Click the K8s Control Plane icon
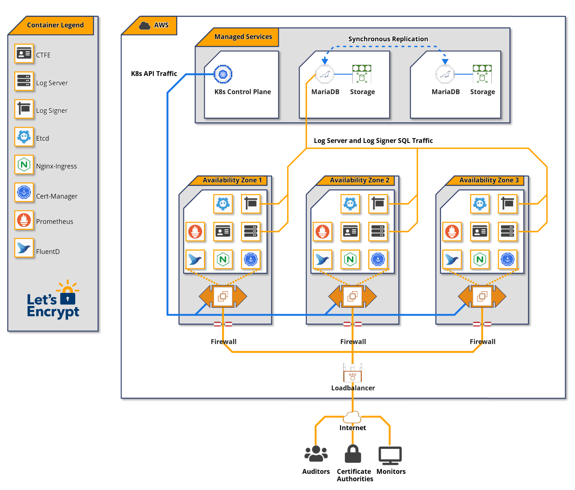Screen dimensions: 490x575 pyautogui.click(x=223, y=74)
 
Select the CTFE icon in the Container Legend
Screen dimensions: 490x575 pyautogui.click(x=24, y=53)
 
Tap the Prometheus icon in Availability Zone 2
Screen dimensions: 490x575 pyautogui.click(x=322, y=231)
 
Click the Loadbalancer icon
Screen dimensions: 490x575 pyautogui.click(x=352, y=374)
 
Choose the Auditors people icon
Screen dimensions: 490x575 pyautogui.click(x=316, y=454)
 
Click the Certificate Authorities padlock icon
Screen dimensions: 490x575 pyautogui.click(x=353, y=454)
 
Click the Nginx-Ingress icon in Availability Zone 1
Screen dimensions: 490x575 pyautogui.click(x=223, y=259)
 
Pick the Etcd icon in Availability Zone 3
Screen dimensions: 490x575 pyautogui.click(x=480, y=204)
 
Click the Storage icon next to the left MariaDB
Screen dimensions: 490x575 pyautogui.click(x=362, y=74)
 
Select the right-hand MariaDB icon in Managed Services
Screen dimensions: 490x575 pyautogui.click(x=445, y=74)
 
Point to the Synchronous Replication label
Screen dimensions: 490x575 pyautogui.click(x=388, y=39)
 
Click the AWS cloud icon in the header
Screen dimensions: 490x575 pyautogui.click(x=145, y=26)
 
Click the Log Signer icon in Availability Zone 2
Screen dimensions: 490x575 pyautogui.click(x=378, y=204)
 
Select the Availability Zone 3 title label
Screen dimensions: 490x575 pyautogui.click(x=489, y=180)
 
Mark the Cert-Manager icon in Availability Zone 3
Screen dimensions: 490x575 pyautogui.click(x=507, y=259)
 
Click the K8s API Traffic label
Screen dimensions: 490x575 pyautogui.click(x=154, y=74)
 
